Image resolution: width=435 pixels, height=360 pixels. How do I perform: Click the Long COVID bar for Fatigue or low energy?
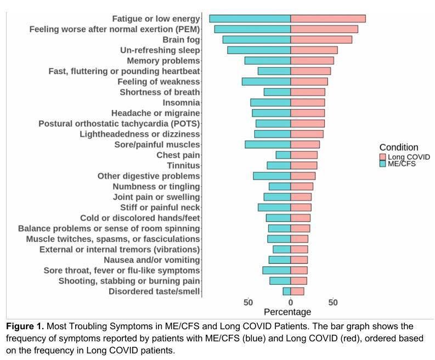coord(327,19)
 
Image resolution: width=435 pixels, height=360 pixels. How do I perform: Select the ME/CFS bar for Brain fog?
coord(256,40)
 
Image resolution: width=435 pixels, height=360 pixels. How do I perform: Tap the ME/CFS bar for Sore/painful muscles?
coord(268,144)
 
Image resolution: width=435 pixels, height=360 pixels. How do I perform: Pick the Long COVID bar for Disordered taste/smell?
coord(297,291)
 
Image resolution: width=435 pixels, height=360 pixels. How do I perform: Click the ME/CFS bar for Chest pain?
coord(283,155)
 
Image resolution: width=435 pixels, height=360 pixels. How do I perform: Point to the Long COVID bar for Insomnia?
coord(307,103)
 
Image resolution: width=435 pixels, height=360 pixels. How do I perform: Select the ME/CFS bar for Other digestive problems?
coord(272,176)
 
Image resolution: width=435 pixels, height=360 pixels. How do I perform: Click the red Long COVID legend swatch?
coord(382,156)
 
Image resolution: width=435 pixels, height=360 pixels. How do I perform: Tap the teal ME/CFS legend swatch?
coord(382,164)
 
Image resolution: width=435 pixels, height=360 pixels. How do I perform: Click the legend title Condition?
coord(399,147)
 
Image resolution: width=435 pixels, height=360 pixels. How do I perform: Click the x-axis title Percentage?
coord(287,312)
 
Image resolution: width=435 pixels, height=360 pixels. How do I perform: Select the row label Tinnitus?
coord(183,166)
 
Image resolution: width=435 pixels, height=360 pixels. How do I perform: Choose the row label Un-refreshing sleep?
coord(160,50)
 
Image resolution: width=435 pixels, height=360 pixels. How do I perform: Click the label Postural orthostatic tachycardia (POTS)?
coord(119,123)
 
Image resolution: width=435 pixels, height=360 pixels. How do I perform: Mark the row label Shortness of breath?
coord(160,92)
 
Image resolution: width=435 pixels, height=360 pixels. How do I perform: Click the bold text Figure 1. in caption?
coord(26,327)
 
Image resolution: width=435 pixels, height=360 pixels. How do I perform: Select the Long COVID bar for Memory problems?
coord(312,60)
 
